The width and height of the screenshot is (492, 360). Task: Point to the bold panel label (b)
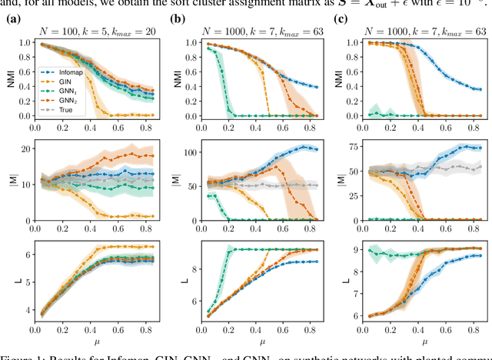tap(176, 17)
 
